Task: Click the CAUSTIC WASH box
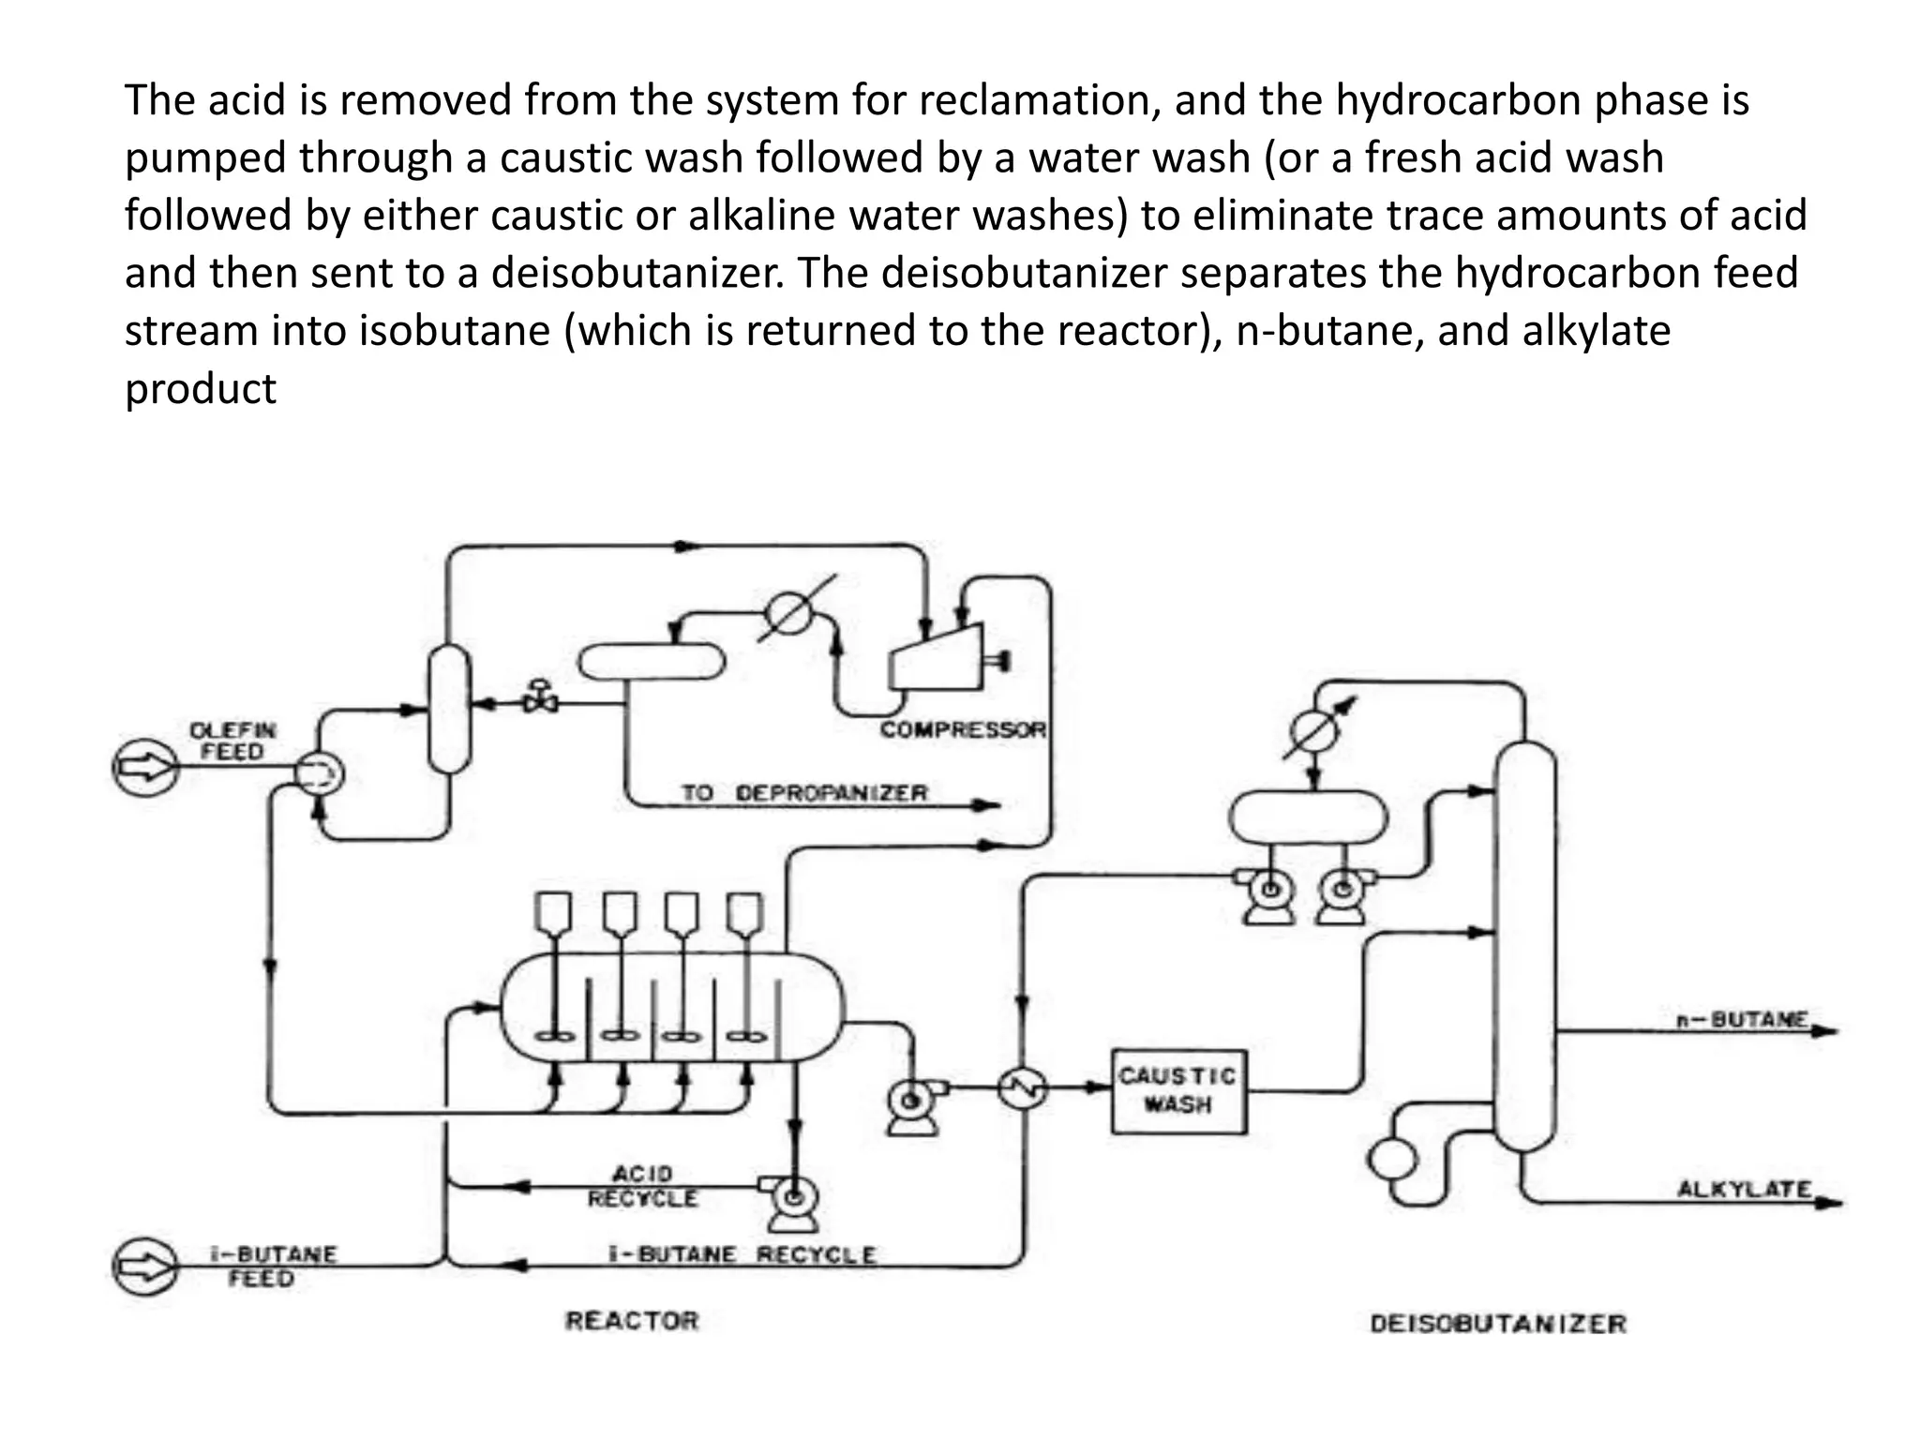pos(1178,1091)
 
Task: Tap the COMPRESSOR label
pos(963,729)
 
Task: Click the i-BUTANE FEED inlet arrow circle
pos(145,1267)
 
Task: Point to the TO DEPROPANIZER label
pos(803,793)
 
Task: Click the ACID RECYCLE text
pos(643,1186)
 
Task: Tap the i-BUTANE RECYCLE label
pos(742,1254)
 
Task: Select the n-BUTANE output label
pos(1742,1019)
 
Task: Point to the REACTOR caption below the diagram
pos(632,1321)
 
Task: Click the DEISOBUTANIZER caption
pos(1497,1324)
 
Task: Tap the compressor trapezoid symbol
pos(936,658)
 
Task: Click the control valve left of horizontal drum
pos(539,697)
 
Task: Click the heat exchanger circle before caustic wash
pos(1022,1088)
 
